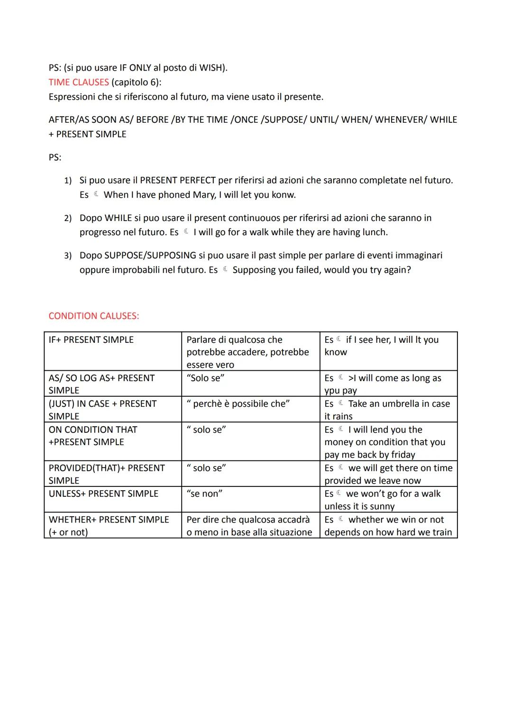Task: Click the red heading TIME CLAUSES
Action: (x=79, y=82)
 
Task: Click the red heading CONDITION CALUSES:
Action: (x=94, y=316)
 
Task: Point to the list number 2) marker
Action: (x=68, y=218)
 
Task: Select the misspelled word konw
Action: (x=285, y=195)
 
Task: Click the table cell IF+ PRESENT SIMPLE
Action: (x=91, y=339)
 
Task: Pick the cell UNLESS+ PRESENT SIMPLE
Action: (x=103, y=494)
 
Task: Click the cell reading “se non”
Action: (x=204, y=494)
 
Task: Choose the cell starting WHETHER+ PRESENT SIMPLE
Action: (x=109, y=520)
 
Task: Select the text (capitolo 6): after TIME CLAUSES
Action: (x=136, y=82)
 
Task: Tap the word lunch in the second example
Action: (x=373, y=232)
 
